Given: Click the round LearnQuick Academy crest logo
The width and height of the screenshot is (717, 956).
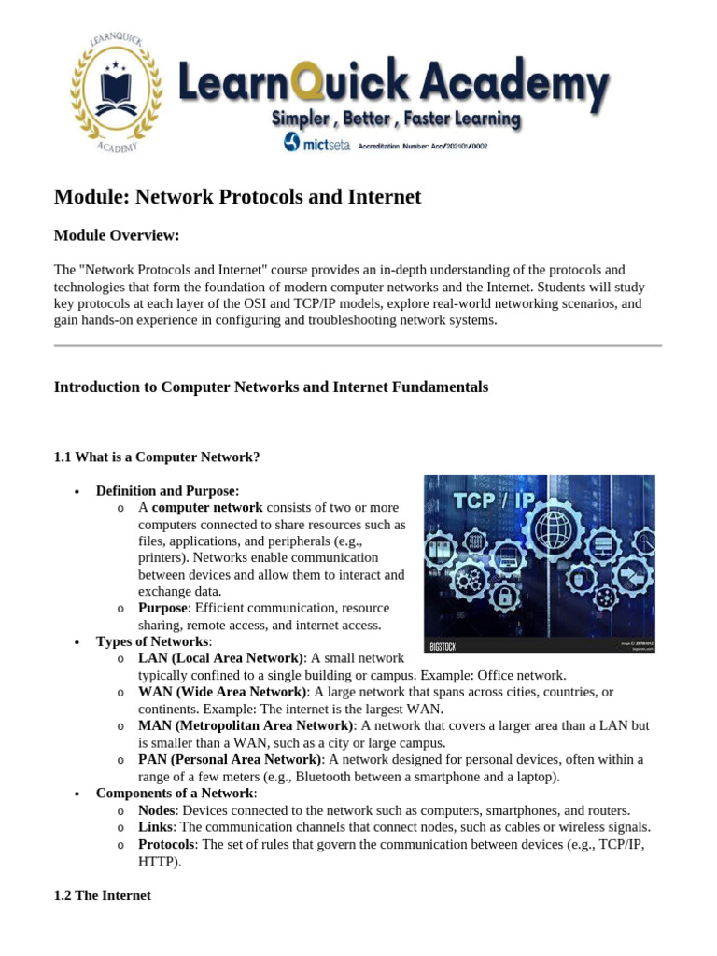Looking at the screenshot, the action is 117,93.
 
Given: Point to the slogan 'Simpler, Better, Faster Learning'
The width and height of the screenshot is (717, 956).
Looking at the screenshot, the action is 396,119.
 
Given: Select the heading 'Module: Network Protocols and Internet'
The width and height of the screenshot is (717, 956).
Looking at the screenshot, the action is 237,197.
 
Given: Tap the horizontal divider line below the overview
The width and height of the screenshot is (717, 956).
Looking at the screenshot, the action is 358,346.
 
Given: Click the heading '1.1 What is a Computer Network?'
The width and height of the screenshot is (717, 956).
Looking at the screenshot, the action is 157,457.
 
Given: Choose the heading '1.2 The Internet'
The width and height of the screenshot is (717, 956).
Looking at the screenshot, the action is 103,895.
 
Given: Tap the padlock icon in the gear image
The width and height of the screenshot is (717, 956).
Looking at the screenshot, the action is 503,596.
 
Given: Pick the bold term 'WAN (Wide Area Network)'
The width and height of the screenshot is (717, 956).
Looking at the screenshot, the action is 222,692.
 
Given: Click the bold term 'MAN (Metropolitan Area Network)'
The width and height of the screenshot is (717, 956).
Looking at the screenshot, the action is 246,725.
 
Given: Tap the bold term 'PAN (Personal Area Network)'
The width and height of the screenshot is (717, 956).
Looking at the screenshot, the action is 230,759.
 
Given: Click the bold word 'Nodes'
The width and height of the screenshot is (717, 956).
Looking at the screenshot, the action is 156,810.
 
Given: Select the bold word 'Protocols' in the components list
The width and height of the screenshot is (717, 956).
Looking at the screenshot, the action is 166,844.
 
